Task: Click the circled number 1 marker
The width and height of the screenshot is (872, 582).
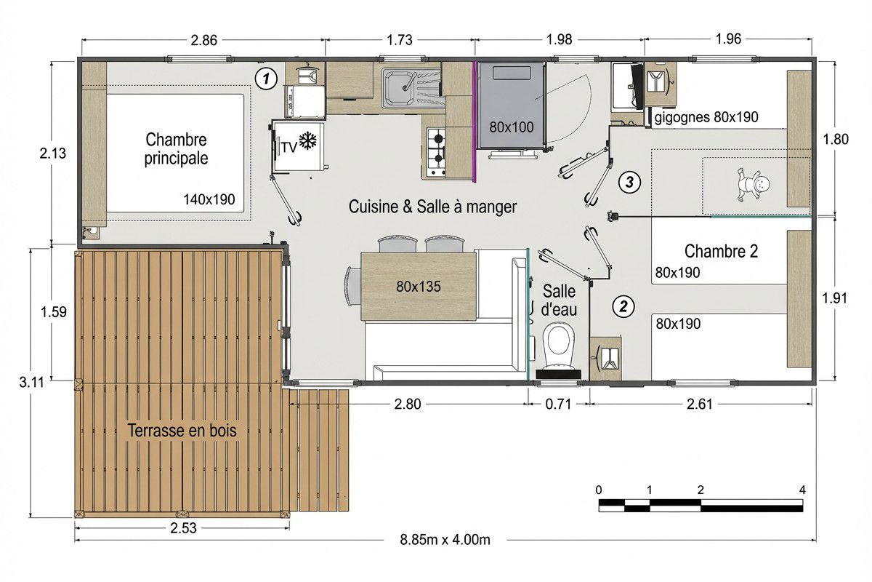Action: coord(266,79)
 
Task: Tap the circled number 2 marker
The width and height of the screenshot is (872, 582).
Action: coord(623,306)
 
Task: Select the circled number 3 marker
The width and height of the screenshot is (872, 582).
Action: coord(629,182)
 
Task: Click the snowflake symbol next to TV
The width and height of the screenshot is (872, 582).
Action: coord(308,140)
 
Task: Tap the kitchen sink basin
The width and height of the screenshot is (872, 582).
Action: coord(399,88)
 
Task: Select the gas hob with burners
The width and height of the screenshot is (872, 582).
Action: coord(437,152)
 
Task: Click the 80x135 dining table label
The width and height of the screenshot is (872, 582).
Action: coord(419,287)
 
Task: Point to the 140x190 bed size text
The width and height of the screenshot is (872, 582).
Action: coord(209,199)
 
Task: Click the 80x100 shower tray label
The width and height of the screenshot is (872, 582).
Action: coord(512,127)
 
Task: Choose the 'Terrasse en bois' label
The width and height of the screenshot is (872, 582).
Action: coord(182,431)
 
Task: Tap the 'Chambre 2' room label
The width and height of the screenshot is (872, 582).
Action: coord(722,252)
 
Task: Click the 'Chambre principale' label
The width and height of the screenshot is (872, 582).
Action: coord(176,149)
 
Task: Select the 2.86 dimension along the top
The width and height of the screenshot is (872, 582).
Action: coord(203,40)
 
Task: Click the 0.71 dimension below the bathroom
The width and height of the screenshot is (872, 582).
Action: coord(558,404)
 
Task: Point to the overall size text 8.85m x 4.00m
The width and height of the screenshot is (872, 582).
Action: coord(445,540)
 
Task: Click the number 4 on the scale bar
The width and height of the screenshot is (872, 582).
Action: coord(802,490)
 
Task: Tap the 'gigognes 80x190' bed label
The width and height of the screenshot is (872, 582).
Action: coord(706,117)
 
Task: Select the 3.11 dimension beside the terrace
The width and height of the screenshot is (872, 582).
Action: coord(32,383)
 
